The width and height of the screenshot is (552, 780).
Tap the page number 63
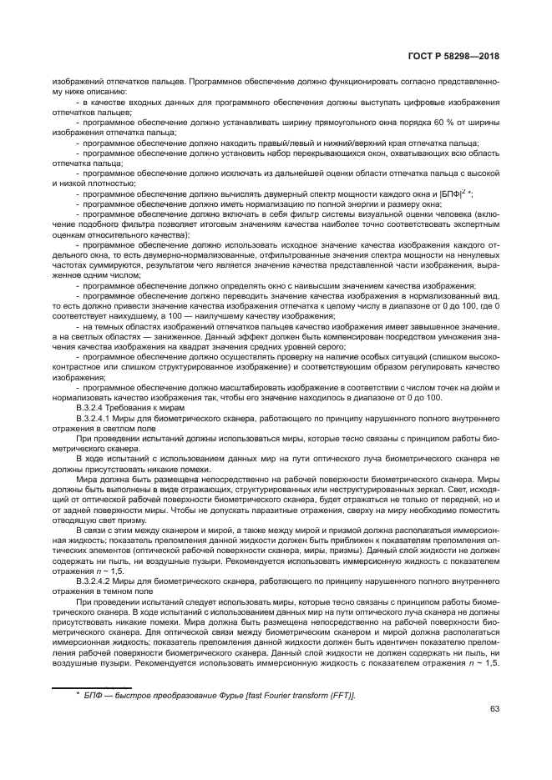(494, 709)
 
